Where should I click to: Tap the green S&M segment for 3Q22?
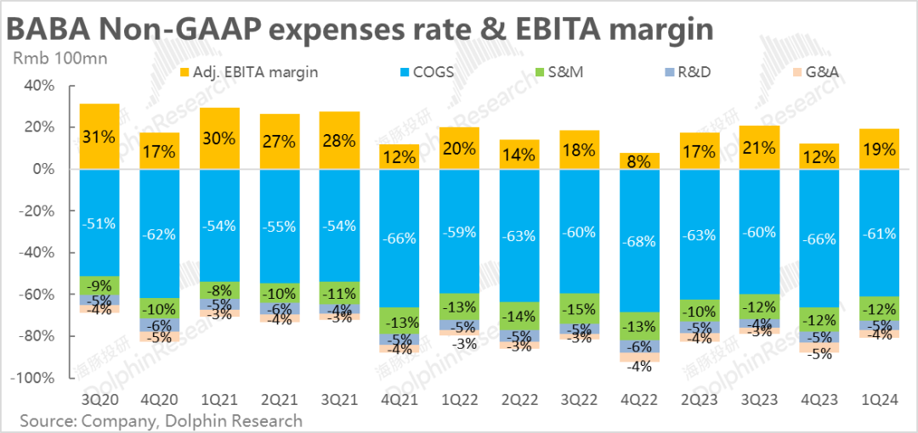click(580, 308)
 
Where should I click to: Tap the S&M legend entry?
click(562, 72)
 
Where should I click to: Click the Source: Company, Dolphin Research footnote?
click(161, 419)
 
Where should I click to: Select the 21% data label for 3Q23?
click(759, 147)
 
